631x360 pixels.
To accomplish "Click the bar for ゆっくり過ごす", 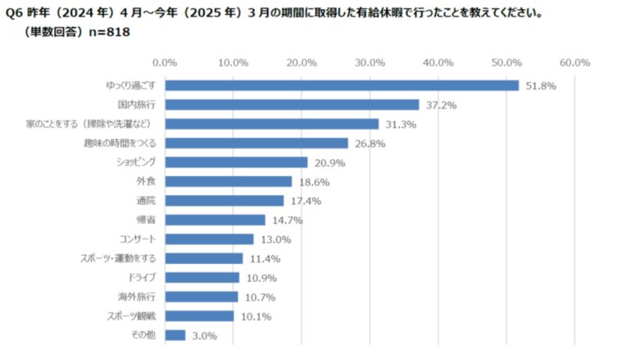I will coord(342,85).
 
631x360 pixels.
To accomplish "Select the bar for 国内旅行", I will coord(292,105).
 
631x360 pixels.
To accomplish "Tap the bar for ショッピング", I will coord(236,162).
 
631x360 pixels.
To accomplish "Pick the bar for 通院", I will coord(224,201).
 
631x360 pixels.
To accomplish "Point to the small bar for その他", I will coord(175,335).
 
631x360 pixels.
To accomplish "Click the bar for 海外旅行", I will coord(201,296).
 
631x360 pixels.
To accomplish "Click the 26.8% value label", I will coord(369,144).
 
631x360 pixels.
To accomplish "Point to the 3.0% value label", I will coord(203,335).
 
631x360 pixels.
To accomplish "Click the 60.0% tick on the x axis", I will coord(574,62).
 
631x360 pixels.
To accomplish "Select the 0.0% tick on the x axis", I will coord(165,62).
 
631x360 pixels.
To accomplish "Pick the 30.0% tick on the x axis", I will coord(370,62).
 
